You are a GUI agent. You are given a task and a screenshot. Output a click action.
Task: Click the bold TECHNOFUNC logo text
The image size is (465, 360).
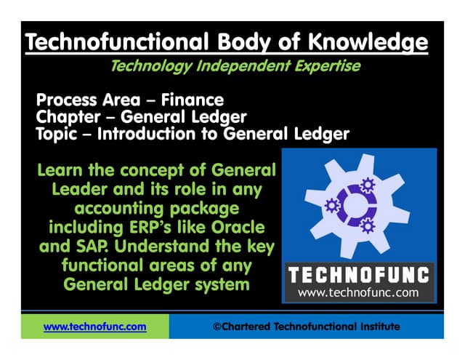(x=359, y=276)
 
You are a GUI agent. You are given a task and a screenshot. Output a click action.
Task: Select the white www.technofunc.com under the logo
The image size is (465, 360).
(x=359, y=293)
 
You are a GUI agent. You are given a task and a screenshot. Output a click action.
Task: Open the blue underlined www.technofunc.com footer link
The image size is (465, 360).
(x=94, y=327)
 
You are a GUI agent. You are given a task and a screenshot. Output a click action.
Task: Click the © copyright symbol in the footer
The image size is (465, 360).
(x=217, y=327)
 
